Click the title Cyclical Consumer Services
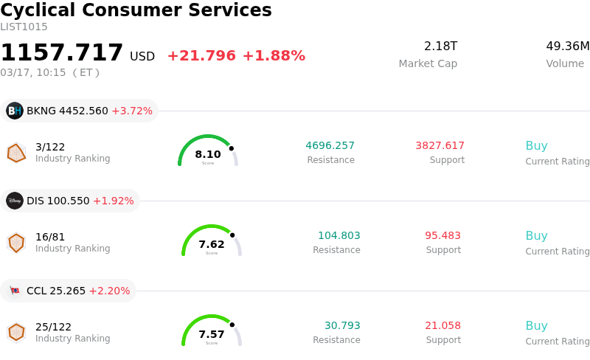tap(136, 10)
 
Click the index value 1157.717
tap(62, 53)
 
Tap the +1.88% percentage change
tap(274, 56)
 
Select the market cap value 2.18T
tap(440, 46)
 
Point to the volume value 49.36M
tap(567, 46)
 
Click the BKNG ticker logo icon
tap(15, 111)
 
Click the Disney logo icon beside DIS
tap(15, 201)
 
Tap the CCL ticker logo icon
tap(15, 291)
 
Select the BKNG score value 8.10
tap(208, 154)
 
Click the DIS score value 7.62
tap(212, 244)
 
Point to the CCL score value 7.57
tap(212, 334)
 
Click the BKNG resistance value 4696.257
tap(330, 145)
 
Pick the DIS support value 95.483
tap(442, 235)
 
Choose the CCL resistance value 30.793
tap(342, 325)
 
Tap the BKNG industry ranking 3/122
tap(50, 147)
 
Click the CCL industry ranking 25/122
tap(53, 327)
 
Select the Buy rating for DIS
tap(536, 236)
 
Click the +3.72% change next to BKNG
tap(132, 111)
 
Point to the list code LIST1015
tap(24, 27)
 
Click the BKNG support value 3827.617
tap(440, 145)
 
